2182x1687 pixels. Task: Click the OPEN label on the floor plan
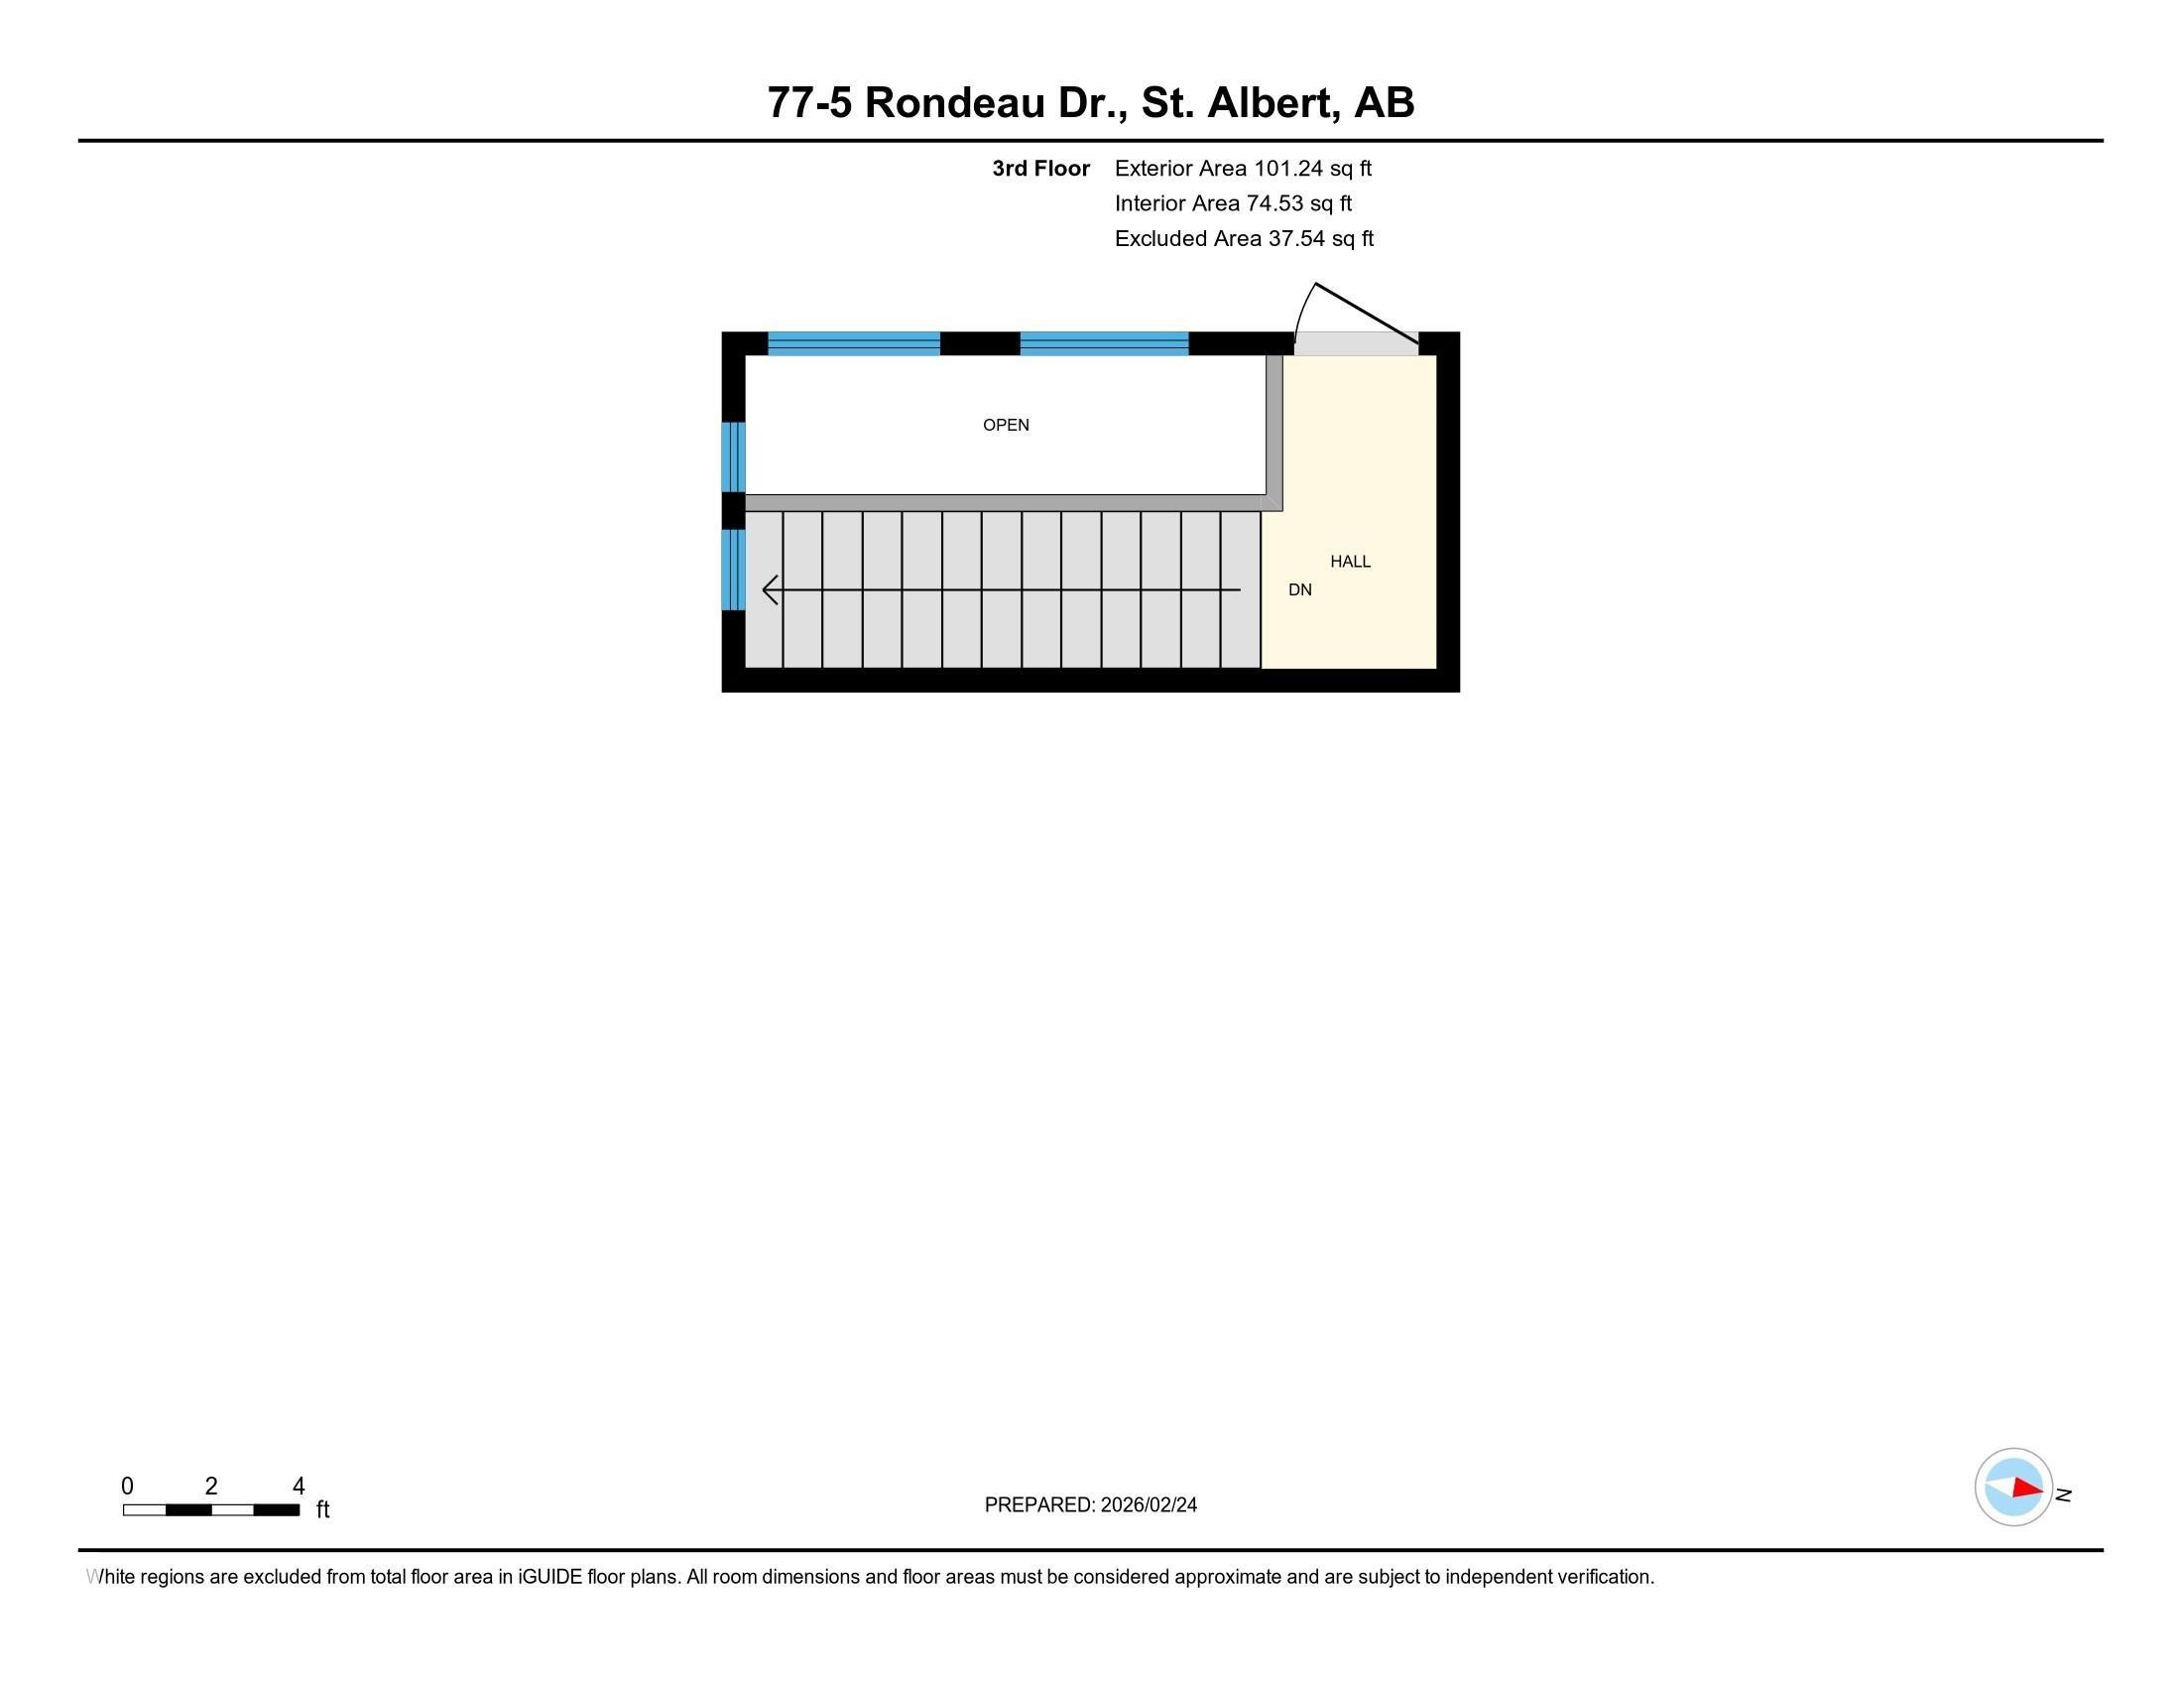pos(1005,425)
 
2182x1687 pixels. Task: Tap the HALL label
pos(1350,562)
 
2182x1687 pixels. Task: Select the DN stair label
pos(1300,589)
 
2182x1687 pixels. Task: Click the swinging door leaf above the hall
pos(1367,314)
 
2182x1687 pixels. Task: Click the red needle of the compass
pos(2027,1489)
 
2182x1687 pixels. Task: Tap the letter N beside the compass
pos(2064,1495)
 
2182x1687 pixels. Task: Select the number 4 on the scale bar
pos(298,1487)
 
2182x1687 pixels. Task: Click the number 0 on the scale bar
pos(127,1487)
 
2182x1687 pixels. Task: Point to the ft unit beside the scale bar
pos(322,1509)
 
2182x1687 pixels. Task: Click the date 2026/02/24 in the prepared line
pos(1148,1505)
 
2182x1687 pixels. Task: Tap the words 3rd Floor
pos(1040,169)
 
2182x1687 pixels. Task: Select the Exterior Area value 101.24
pos(1287,169)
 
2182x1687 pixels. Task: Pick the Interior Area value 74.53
pos(1273,203)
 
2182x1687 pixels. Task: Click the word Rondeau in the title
pos(954,103)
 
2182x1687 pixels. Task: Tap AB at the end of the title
pos(1384,103)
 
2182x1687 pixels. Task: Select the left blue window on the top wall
pos(853,343)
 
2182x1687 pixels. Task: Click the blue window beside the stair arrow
pos(733,570)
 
